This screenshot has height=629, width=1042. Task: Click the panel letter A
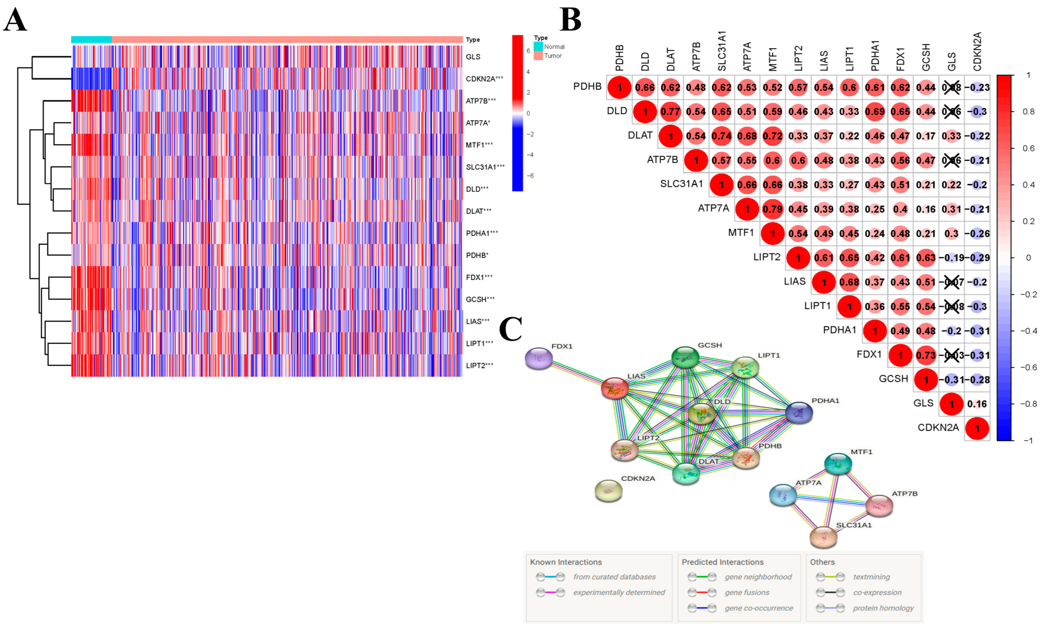[15, 20]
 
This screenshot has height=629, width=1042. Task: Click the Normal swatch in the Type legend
[538, 46]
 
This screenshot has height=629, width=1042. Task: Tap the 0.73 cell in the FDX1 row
[926, 355]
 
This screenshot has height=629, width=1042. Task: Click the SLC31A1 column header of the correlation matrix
[721, 51]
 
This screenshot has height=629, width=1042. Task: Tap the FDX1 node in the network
[538, 358]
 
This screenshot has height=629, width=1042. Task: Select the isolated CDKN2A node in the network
[608, 491]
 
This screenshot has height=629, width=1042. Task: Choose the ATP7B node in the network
[879, 506]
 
